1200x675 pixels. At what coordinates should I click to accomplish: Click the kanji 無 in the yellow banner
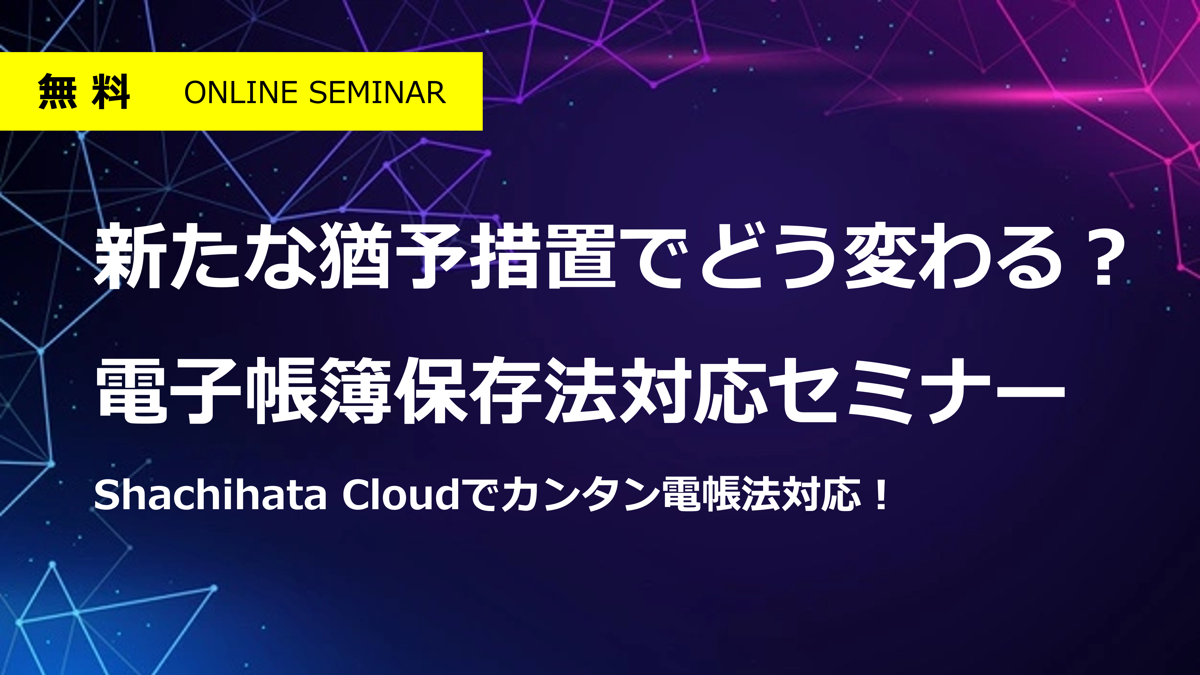click(x=57, y=92)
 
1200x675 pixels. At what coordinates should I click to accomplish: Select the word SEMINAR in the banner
click(x=377, y=92)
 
